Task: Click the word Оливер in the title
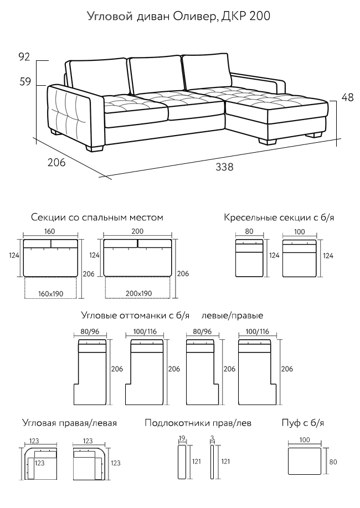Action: (x=194, y=16)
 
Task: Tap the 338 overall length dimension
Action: (x=224, y=167)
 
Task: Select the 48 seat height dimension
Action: (x=348, y=97)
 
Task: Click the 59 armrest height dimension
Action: (x=25, y=82)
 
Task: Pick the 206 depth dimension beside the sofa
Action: (x=56, y=162)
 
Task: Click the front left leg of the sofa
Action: (x=95, y=148)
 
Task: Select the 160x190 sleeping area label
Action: (x=50, y=294)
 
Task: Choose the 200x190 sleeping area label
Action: (x=139, y=294)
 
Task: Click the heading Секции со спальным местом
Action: (x=97, y=217)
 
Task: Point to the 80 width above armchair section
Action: (x=249, y=232)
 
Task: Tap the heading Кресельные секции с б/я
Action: (x=279, y=217)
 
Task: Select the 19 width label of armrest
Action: (x=182, y=438)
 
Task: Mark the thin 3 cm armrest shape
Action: (x=212, y=462)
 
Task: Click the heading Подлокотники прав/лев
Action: (x=198, y=423)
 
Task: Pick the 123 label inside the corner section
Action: (x=39, y=463)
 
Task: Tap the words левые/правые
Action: (x=232, y=315)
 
